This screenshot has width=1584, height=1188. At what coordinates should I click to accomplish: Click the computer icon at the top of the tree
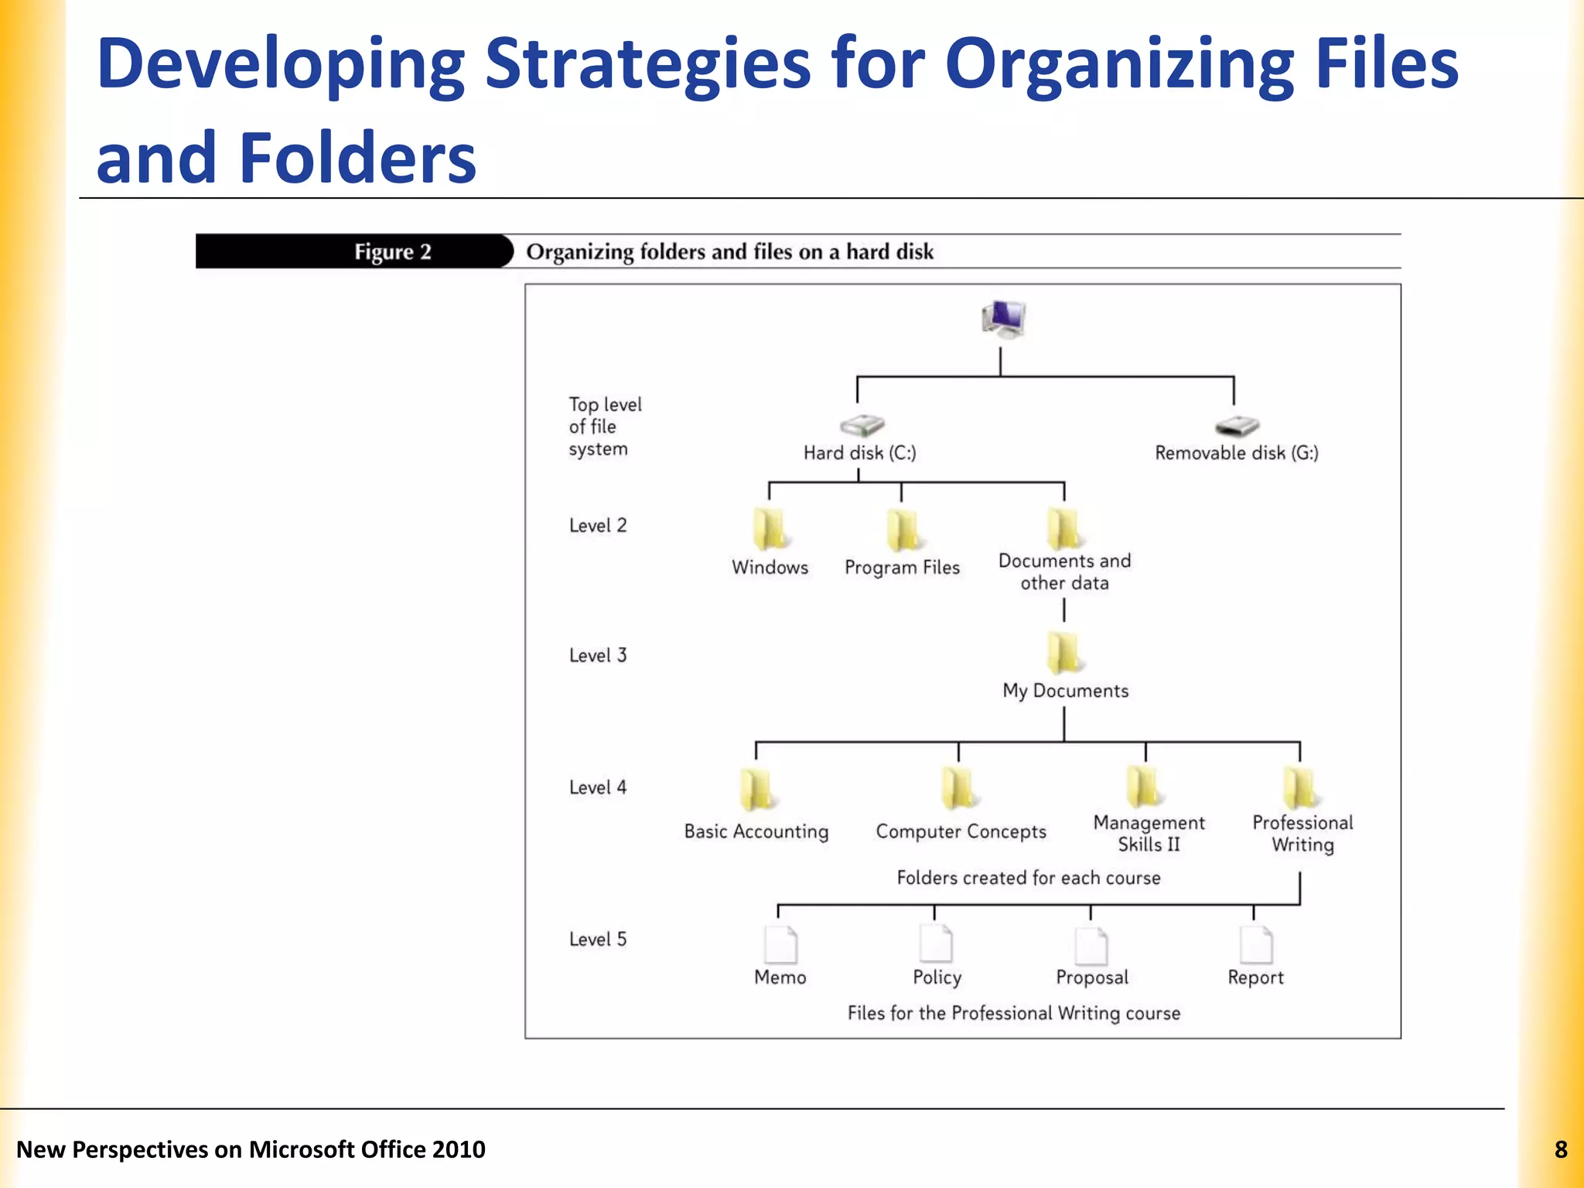pos(1003,319)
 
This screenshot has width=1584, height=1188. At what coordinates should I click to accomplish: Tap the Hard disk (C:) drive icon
pos(862,425)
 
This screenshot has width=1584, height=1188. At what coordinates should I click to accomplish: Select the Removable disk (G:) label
pos(1236,453)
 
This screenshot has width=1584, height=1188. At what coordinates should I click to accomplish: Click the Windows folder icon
pos(770,530)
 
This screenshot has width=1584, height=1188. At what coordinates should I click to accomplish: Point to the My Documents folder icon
pos(1064,653)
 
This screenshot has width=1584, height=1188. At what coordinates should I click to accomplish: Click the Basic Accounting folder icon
pos(756,790)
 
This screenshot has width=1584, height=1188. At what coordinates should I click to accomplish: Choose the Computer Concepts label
pos(961,831)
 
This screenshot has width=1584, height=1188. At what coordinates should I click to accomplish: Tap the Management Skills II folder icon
pos(1145,787)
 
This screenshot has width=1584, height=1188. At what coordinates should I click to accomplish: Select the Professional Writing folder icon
pos(1301,787)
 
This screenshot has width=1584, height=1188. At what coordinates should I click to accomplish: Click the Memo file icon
pos(780,945)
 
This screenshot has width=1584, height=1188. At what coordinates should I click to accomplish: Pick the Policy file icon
pos(936,944)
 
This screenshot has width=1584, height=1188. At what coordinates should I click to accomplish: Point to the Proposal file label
pos(1092,978)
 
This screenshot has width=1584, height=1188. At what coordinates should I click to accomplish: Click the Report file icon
pos(1255,944)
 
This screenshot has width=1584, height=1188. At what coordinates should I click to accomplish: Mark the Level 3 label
pos(598,656)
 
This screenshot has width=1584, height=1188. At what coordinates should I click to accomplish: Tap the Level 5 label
pos(598,940)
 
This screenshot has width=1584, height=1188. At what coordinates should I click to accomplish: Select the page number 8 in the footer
pos(1561,1150)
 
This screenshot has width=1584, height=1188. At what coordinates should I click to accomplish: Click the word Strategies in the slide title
pos(647,65)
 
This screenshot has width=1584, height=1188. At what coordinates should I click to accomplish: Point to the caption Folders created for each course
pos(1029,878)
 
